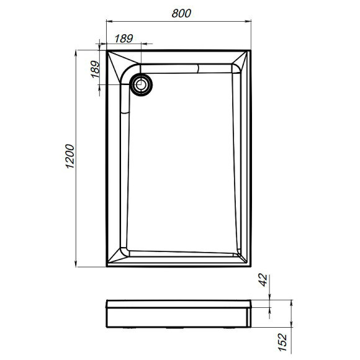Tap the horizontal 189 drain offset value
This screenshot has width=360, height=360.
click(x=124, y=38)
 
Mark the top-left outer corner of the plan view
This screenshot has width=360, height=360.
click(x=107, y=52)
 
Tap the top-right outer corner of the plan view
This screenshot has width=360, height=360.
click(x=253, y=52)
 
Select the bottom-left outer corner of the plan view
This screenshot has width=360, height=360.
click(x=107, y=268)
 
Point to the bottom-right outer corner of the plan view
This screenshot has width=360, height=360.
click(x=253, y=268)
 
